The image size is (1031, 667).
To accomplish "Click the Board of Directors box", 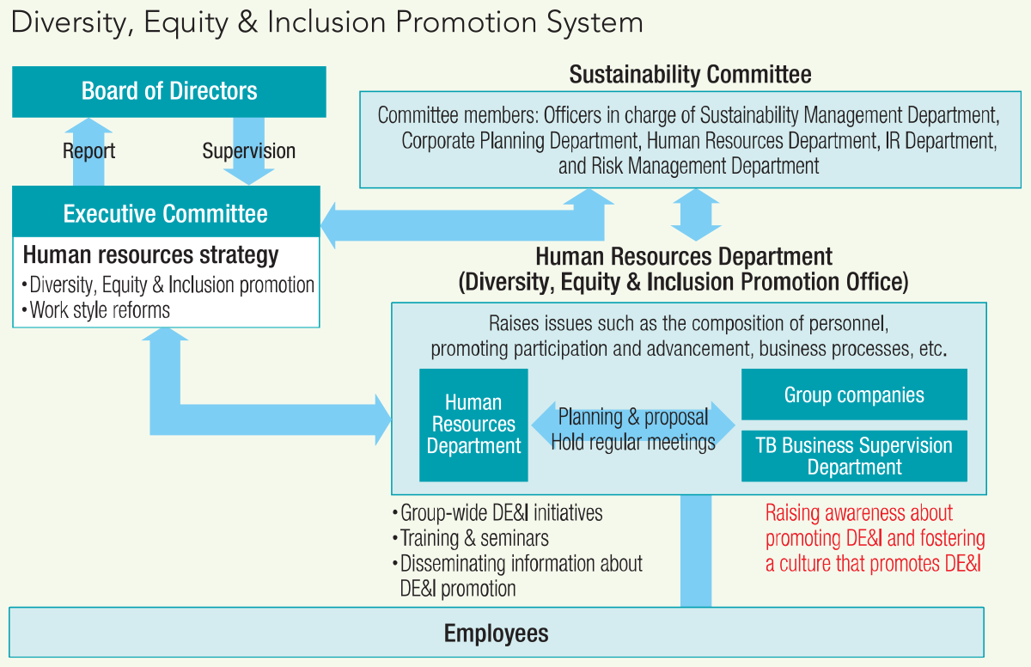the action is tap(169, 92).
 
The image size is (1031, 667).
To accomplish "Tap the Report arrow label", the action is tap(88, 151).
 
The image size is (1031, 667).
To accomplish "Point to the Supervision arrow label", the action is tap(248, 151).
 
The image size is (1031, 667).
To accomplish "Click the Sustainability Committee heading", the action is tap(690, 75).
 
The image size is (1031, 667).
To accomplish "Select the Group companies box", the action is tap(854, 395).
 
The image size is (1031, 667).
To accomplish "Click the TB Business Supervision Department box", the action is tap(854, 456).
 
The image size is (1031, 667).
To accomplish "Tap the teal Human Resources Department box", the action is tap(473, 425).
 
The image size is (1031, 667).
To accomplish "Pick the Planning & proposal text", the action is tap(633, 417).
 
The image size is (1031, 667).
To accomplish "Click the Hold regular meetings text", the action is tap(633, 443).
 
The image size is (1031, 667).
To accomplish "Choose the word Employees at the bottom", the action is tap(497, 633).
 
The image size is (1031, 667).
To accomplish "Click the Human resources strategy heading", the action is tap(150, 255).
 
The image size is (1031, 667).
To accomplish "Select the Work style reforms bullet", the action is tap(95, 310).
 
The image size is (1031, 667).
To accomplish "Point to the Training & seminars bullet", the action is tap(471, 538).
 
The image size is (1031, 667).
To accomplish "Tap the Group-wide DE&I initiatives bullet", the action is tap(497, 513).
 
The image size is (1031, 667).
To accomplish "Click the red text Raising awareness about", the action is tap(859, 513).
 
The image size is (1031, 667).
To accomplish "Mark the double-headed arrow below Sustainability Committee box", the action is tap(696, 215).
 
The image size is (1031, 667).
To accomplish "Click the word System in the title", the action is tap(595, 22).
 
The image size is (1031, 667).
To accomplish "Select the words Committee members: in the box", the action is tap(458, 115).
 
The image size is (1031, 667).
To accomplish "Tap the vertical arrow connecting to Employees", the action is tap(696, 551).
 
